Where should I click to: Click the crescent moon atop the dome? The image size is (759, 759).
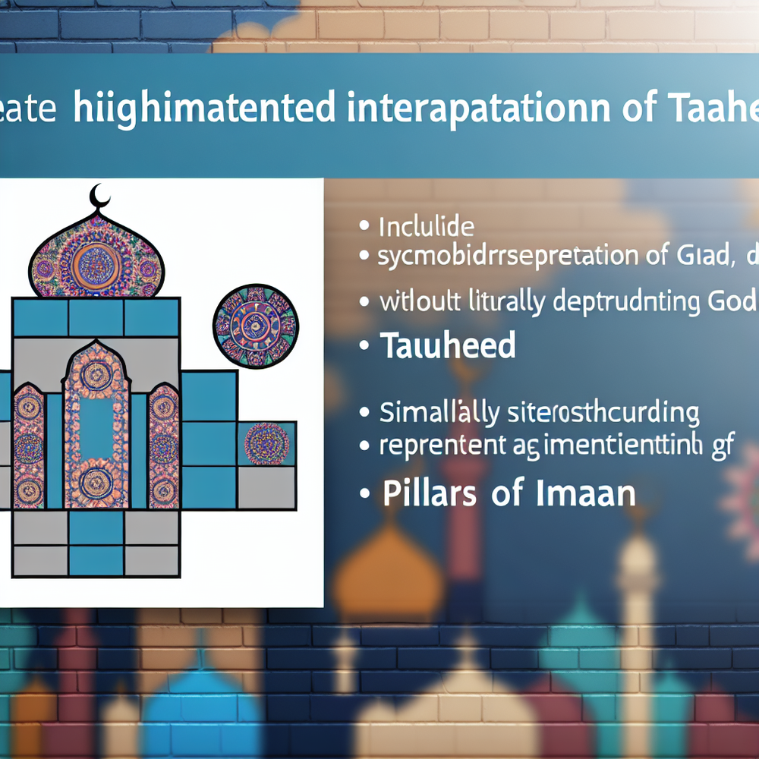pos(99,196)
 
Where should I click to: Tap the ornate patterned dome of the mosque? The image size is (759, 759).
pos(96,258)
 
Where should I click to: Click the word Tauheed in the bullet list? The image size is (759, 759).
pos(448,346)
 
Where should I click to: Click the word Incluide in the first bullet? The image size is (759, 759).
pos(427,226)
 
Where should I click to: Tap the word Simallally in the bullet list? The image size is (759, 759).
pos(439,413)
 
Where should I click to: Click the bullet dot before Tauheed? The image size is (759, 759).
pos(365,348)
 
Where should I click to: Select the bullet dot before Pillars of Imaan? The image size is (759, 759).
pos(365,495)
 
